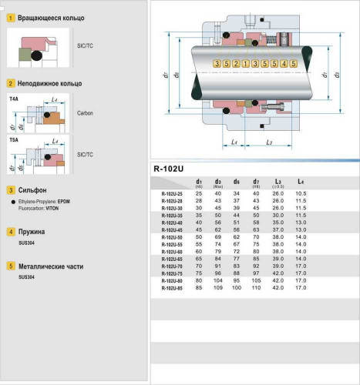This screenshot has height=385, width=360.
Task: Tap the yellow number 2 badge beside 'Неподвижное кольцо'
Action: coord(10,82)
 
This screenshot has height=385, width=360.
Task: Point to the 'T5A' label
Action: coord(14,141)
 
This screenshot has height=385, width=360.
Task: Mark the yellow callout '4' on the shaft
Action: coord(284,62)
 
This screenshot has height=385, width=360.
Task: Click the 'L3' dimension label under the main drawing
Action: coord(267,142)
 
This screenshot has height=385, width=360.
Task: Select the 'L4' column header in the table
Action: coord(300,182)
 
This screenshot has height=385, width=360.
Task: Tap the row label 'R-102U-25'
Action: coord(172,192)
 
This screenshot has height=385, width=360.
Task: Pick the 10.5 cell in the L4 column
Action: coord(301,192)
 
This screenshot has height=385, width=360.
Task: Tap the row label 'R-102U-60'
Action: coord(172,251)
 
